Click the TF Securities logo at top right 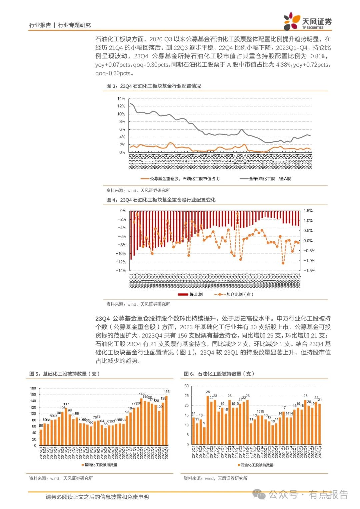click(307, 21)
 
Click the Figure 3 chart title click(154, 86)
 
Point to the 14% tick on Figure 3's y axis click(121, 99)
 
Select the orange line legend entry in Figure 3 click(180, 179)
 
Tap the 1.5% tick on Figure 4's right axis click(308, 211)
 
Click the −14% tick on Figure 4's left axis click(121, 271)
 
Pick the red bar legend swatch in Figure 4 click(183, 294)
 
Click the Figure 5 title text click(64, 374)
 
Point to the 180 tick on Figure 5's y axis click(33, 388)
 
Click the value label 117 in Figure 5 click(66, 404)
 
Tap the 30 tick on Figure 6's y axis click(187, 386)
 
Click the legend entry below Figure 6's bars click(255, 465)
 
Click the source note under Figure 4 click(138, 304)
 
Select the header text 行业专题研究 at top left click(74, 25)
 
